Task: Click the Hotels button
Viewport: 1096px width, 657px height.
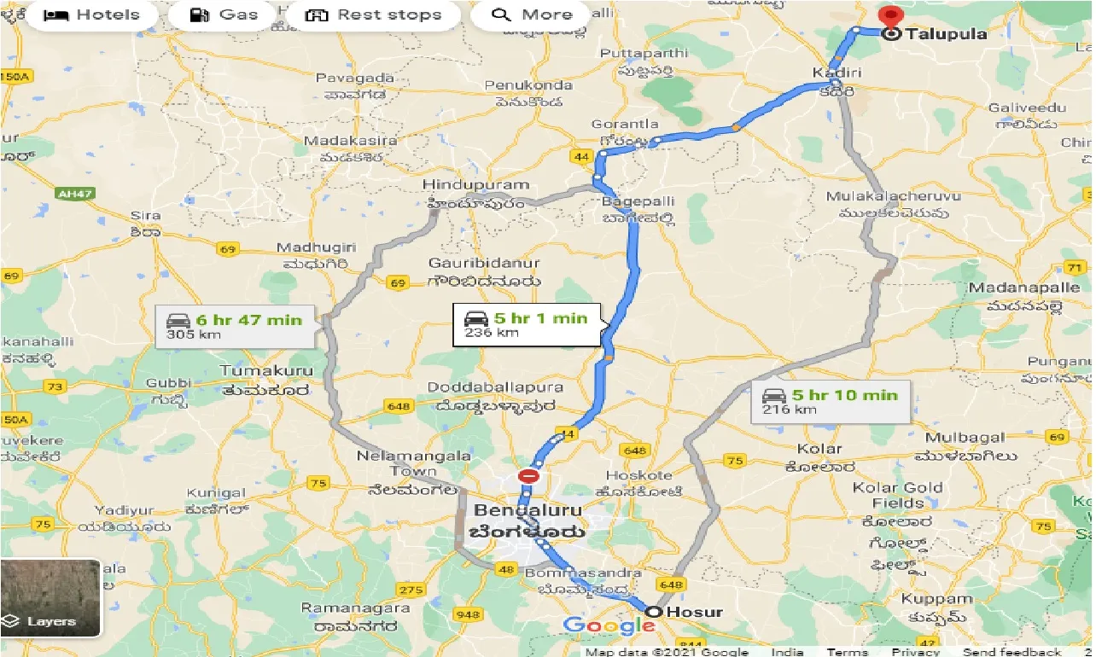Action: coord(91,15)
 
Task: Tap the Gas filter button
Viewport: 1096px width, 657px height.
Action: coord(224,15)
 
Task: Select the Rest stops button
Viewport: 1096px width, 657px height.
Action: coord(374,15)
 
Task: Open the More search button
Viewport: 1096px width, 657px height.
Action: coord(532,15)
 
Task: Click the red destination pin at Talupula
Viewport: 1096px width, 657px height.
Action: coord(891,17)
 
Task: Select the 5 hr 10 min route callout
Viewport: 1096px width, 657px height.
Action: coord(831,401)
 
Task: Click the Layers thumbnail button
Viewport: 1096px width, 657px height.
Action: coord(50,598)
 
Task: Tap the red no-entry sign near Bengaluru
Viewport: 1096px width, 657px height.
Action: coord(529,475)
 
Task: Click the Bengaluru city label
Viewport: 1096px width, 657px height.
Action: coord(528,511)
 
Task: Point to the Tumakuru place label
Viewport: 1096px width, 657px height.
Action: coord(266,371)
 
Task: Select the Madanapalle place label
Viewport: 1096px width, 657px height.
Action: coord(1023,288)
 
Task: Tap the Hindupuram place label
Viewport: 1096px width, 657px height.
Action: coord(476,185)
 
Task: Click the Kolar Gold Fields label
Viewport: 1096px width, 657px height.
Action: coord(898,495)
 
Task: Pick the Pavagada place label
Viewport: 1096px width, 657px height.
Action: coord(355,78)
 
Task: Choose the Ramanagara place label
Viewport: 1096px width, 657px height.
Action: coord(351,609)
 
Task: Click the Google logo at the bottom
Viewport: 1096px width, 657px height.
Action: coord(609,625)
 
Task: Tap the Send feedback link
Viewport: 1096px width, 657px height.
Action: coord(1011,651)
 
